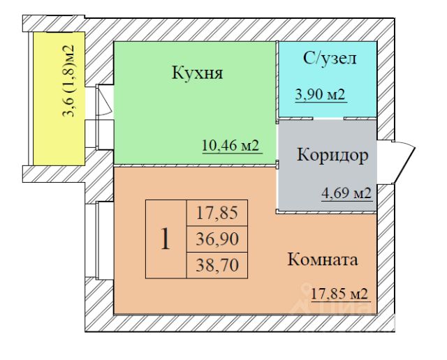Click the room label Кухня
(x=197, y=73)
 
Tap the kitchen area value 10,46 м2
(x=230, y=146)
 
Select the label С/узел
(x=330, y=59)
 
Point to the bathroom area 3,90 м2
(x=320, y=94)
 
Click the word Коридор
(x=332, y=156)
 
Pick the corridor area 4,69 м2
(x=346, y=193)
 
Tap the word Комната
(x=323, y=260)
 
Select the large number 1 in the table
(x=166, y=239)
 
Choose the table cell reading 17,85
(x=217, y=213)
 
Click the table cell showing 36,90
(x=217, y=239)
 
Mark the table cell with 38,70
(x=217, y=265)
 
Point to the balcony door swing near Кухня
(x=104, y=100)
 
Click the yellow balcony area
(x=59, y=98)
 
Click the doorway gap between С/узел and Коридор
(x=328, y=119)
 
